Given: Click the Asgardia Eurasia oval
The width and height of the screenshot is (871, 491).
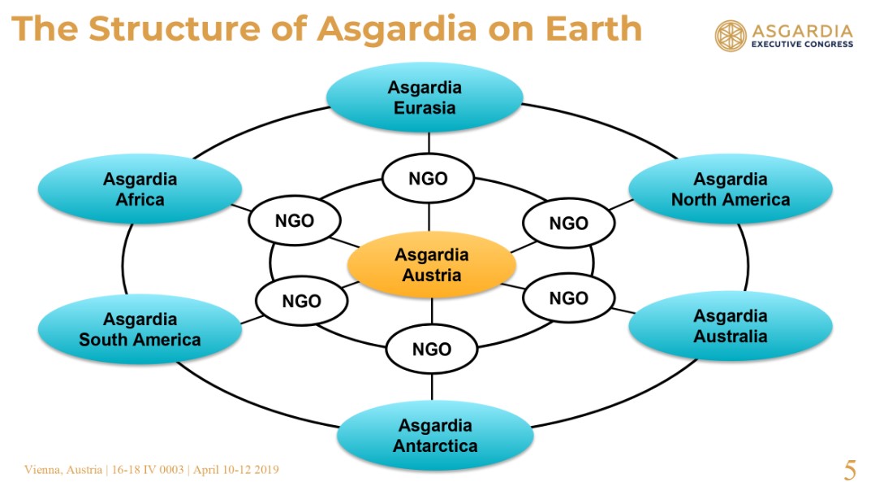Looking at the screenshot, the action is coord(425,98).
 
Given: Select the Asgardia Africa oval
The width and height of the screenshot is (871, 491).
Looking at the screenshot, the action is coord(140,189).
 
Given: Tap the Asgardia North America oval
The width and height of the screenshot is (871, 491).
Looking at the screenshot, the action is coord(731,189).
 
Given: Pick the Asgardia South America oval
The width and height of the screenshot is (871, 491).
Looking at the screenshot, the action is coord(140,329).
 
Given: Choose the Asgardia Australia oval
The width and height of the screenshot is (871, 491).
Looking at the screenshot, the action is coord(731,326).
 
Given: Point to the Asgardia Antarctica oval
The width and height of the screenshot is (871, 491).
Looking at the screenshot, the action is coord(435,436).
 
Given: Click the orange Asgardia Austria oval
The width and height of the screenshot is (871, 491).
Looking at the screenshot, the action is coord(432,265).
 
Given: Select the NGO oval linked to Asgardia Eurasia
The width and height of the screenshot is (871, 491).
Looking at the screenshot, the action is coord(429,179).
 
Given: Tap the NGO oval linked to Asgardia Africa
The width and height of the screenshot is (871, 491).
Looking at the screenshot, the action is coord(295,221).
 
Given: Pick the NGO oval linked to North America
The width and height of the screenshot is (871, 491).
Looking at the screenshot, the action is coord(569,223).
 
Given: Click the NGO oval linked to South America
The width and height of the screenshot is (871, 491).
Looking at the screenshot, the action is coord(302,301).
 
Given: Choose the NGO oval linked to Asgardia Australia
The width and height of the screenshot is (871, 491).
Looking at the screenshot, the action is coord(569,298).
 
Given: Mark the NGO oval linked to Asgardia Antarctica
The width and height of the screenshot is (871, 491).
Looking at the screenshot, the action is coord(432,350).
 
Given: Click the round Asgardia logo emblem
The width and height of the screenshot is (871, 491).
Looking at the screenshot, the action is coord(731,36).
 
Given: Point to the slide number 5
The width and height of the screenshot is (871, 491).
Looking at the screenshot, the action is coord(850,470).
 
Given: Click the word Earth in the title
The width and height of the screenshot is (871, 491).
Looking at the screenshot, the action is coord(593,28).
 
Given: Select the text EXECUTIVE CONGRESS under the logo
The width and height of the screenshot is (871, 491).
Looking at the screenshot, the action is coord(802,45).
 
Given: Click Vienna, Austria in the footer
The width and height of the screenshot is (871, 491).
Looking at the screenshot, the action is coord(63,470).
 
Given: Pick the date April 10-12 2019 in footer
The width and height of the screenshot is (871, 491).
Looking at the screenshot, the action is coord(236,470).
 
